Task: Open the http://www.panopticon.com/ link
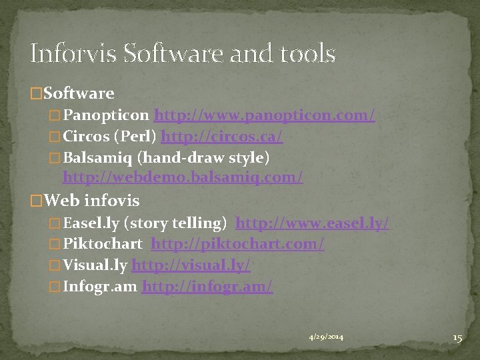coord(265,115)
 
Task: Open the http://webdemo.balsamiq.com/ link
coord(183,178)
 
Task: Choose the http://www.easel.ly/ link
coord(313,223)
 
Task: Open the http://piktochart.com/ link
coord(237,245)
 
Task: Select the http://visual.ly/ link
coord(191,265)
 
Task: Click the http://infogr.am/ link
coord(207,287)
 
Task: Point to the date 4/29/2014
coord(326,338)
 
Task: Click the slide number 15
coord(457,338)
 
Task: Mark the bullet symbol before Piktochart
coord(55,245)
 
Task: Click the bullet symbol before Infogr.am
coord(55,287)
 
